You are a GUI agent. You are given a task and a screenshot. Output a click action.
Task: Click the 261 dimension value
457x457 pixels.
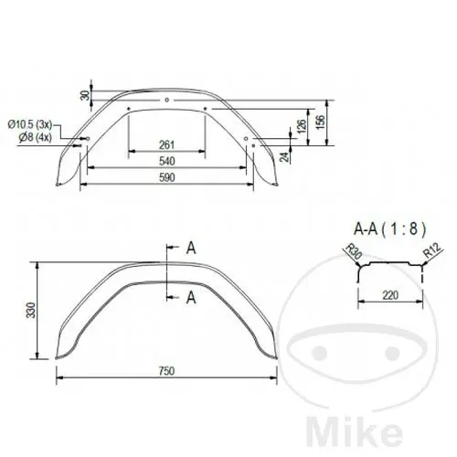[x=166, y=144]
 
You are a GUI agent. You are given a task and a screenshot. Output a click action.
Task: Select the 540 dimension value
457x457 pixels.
[x=167, y=161]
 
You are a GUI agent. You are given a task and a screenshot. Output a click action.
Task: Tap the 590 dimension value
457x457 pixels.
[x=167, y=177]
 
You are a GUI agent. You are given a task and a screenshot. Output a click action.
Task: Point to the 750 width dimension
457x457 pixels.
[x=166, y=371]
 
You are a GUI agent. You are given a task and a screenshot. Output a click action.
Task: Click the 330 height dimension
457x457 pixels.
[x=31, y=310]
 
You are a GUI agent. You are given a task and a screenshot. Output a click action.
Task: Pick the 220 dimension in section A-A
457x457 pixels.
[x=390, y=295]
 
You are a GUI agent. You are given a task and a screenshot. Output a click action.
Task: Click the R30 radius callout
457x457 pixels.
[x=354, y=251]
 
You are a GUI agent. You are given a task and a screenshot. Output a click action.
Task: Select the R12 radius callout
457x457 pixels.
[x=431, y=250]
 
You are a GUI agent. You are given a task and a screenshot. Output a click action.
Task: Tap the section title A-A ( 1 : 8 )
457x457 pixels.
[x=389, y=228]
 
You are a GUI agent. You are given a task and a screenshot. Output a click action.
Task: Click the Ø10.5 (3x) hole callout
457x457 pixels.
[x=30, y=124]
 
